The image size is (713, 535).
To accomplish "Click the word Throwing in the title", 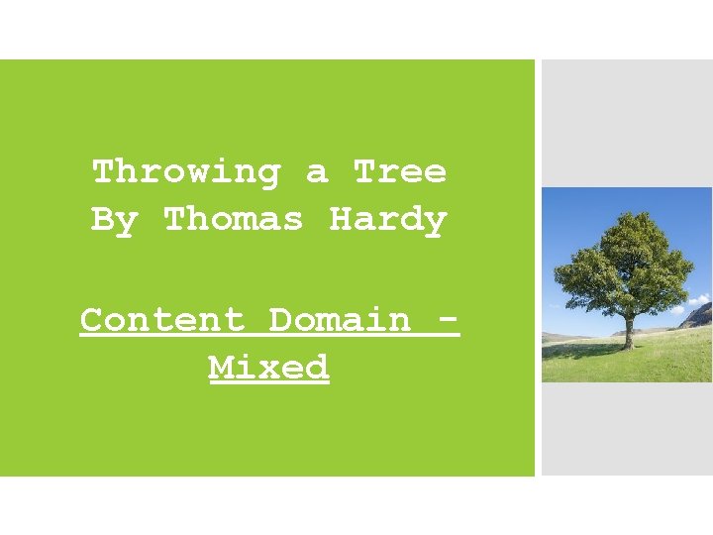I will [x=186, y=172].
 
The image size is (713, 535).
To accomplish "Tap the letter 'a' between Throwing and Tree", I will [x=317, y=173].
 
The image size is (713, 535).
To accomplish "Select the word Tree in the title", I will [x=400, y=172].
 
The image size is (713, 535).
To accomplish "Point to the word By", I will [x=114, y=220].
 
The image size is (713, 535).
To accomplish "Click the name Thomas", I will [x=233, y=219].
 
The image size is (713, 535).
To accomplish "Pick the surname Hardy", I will [x=387, y=219].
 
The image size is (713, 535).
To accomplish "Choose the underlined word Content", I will [x=161, y=320].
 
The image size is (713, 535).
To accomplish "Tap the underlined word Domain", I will [x=340, y=320].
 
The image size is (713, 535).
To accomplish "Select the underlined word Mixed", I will [x=268, y=368].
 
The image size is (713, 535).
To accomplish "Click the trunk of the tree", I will [x=627, y=331].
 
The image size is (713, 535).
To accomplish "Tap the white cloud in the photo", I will [x=698, y=299].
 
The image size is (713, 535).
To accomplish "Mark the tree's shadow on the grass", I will [x=594, y=348].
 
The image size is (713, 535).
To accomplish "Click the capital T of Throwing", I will [x=103, y=172].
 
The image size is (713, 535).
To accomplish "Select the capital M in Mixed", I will [x=221, y=368].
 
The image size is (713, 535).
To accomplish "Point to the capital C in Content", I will [x=91, y=320].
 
